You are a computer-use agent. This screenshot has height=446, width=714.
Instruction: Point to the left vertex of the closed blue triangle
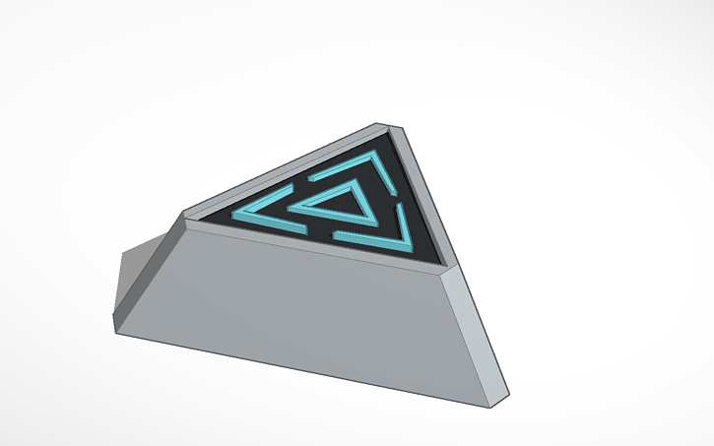pyautogui.click(x=300, y=205)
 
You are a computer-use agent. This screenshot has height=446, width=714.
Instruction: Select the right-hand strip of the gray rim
pyautogui.click(x=423, y=197)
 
